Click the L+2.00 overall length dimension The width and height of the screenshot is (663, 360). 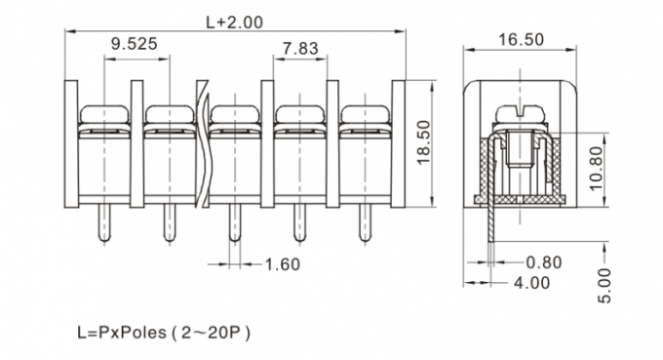pos(234,20)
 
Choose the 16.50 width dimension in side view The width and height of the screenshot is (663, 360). pos(521,40)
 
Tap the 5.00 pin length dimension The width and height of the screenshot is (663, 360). pos(605,284)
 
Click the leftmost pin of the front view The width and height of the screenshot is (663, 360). pos(103,223)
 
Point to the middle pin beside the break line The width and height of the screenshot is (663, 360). pos(234,223)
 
